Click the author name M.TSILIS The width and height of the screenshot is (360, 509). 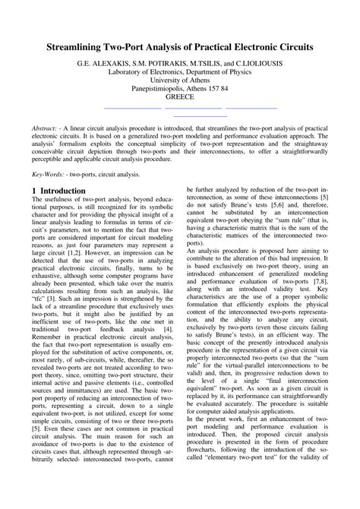point(207,62)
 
